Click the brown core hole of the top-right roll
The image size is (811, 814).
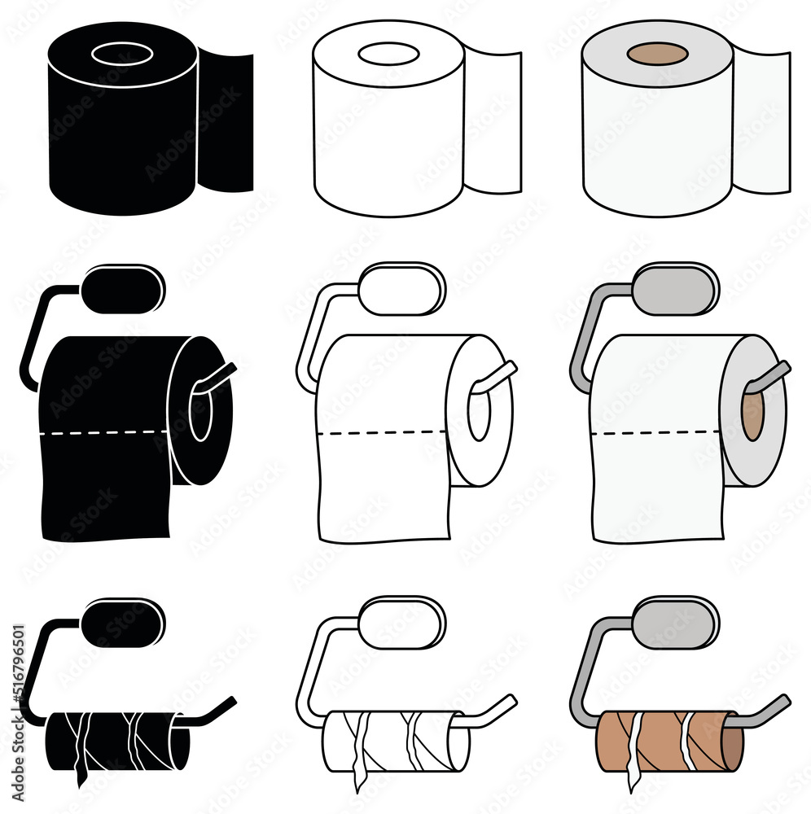(658, 55)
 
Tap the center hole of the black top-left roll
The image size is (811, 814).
(122, 55)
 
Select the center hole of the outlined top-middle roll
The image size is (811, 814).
(389, 55)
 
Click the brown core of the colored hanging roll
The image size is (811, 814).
(753, 414)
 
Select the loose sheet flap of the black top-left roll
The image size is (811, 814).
(226, 122)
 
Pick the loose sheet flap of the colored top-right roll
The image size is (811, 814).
(761, 122)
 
